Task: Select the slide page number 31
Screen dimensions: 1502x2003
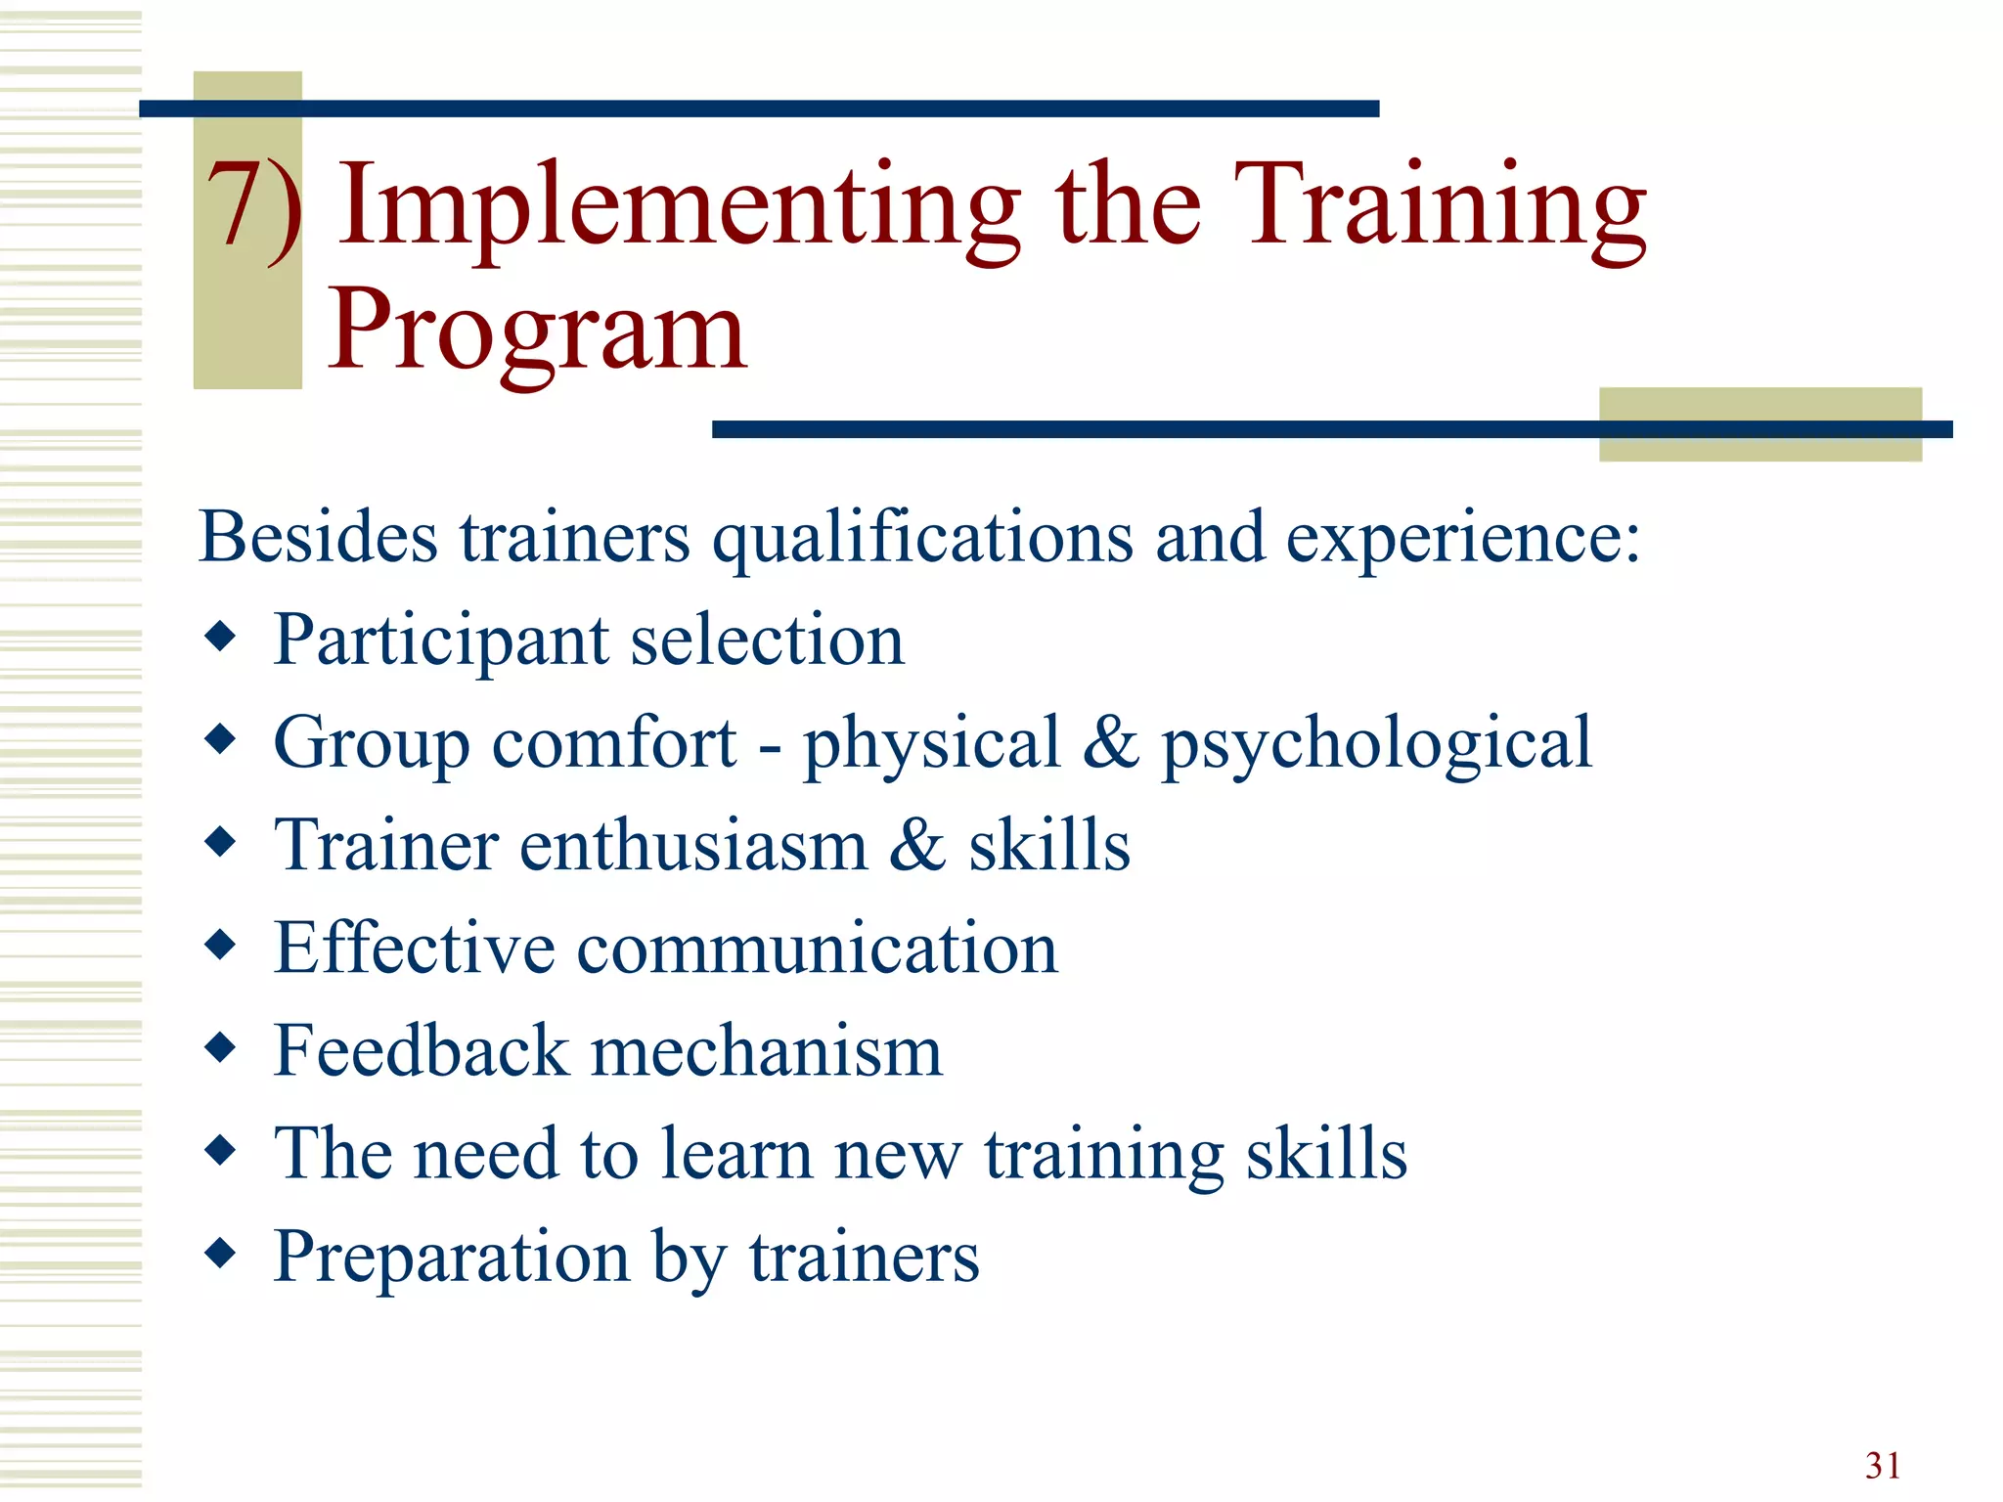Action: pos(1883,1465)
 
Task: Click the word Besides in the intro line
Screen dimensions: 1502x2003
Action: pos(318,537)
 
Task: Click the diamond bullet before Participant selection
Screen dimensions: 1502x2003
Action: pos(221,637)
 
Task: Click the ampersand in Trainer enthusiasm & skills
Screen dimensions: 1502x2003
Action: pos(916,845)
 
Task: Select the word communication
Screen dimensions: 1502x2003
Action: pos(817,949)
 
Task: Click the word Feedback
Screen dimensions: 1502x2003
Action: pos(421,1050)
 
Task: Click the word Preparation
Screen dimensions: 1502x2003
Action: pos(451,1258)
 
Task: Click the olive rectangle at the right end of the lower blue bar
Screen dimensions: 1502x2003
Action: pos(1759,424)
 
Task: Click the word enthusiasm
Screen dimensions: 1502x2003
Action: pos(692,845)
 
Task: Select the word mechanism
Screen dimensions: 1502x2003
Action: pos(767,1050)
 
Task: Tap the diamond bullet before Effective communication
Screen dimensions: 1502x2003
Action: pos(221,945)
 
